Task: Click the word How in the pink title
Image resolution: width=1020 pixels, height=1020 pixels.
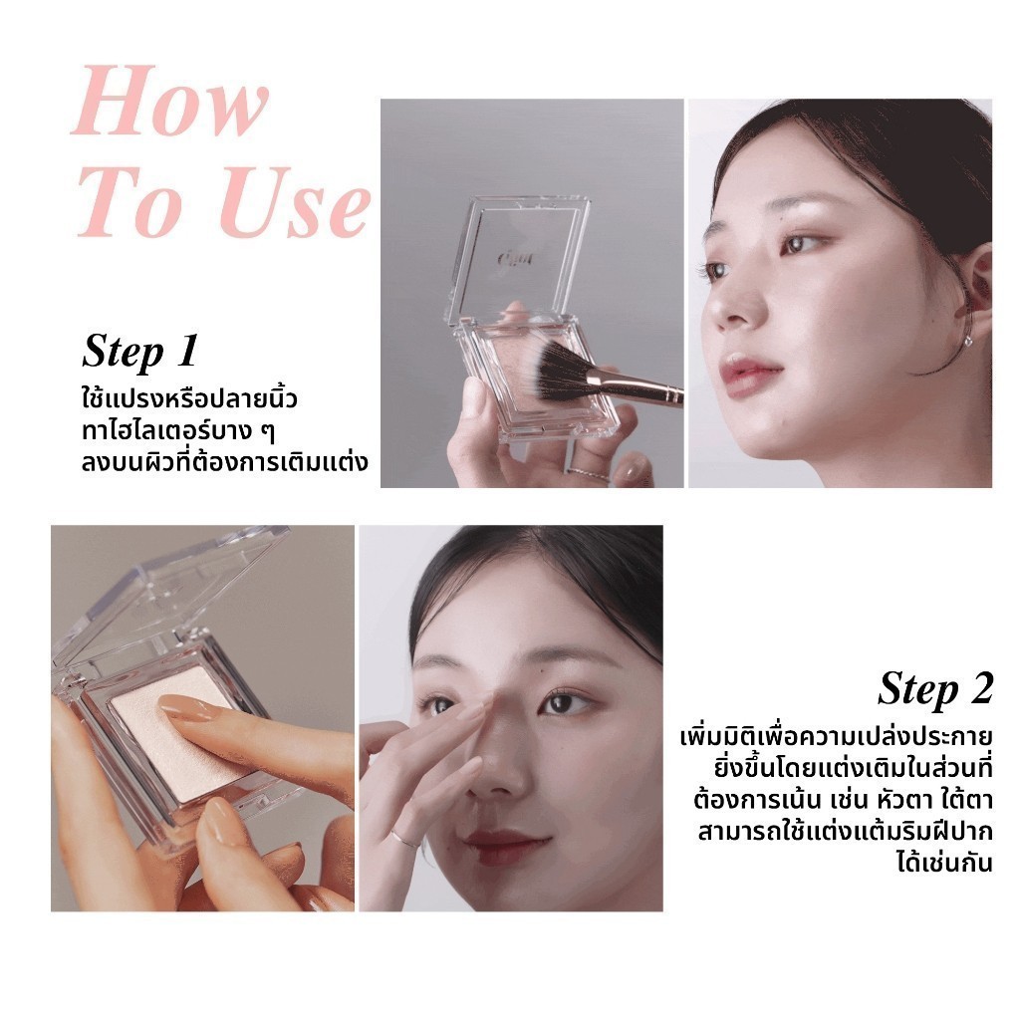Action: click(170, 103)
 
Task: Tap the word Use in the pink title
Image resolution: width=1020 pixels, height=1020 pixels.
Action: click(294, 203)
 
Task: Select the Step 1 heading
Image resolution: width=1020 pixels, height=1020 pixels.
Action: click(139, 352)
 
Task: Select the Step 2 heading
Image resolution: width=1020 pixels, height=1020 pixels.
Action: click(935, 689)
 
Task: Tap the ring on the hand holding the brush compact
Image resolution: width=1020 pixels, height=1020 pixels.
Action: click(588, 473)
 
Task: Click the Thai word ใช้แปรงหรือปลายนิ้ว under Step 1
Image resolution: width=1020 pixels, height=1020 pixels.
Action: click(189, 399)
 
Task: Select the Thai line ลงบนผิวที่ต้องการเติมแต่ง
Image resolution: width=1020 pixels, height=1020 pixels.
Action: click(225, 462)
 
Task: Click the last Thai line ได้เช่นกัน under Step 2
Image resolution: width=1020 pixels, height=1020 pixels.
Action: click(944, 863)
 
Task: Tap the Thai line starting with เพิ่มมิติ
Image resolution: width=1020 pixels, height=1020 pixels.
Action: click(837, 737)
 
